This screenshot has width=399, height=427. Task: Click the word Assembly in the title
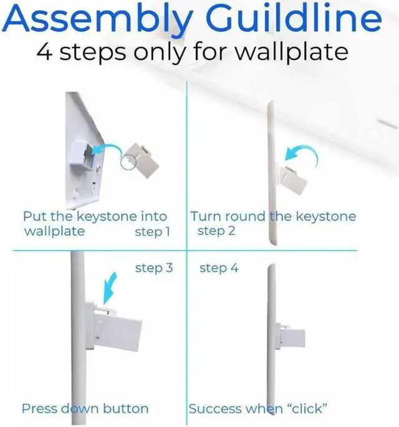tap(98, 19)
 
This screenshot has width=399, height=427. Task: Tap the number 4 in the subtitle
tap(44, 52)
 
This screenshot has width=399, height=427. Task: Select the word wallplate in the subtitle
tap(291, 52)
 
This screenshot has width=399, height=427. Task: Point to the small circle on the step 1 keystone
tap(128, 162)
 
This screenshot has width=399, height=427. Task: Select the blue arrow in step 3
tap(110, 289)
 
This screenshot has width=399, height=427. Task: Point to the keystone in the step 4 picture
tap(290, 336)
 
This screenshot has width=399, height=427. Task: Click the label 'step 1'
tap(153, 232)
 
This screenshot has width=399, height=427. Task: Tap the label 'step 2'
tap(216, 231)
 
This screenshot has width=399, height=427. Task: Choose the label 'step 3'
tap(154, 268)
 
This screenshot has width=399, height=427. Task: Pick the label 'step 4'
tap(219, 268)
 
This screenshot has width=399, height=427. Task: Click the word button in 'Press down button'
tap(126, 409)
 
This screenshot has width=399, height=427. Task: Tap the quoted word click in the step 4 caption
tap(307, 409)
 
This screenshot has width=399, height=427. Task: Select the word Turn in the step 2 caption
tap(205, 216)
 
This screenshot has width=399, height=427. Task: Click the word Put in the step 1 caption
tap(35, 216)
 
